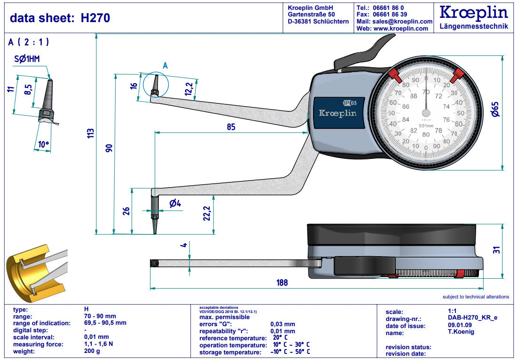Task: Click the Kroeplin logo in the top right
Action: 473,13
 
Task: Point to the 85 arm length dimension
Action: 230,127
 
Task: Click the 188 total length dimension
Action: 282,282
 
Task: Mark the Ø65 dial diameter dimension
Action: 494,111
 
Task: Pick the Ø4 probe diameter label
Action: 175,203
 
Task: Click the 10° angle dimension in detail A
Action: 44,145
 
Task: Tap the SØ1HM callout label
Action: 27,59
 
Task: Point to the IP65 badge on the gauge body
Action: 350,103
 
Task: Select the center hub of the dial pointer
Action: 426,113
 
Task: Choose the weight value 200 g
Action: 92,352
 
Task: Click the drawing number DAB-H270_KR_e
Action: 472,318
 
